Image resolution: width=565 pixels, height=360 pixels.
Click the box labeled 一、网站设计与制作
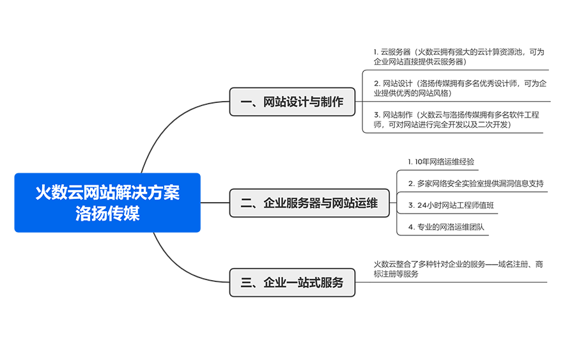[x=292, y=102]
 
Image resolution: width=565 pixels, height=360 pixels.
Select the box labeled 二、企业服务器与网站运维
[x=309, y=203]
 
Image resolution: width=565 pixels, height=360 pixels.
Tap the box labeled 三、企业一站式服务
[x=292, y=283]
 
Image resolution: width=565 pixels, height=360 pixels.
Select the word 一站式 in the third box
[x=304, y=283]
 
